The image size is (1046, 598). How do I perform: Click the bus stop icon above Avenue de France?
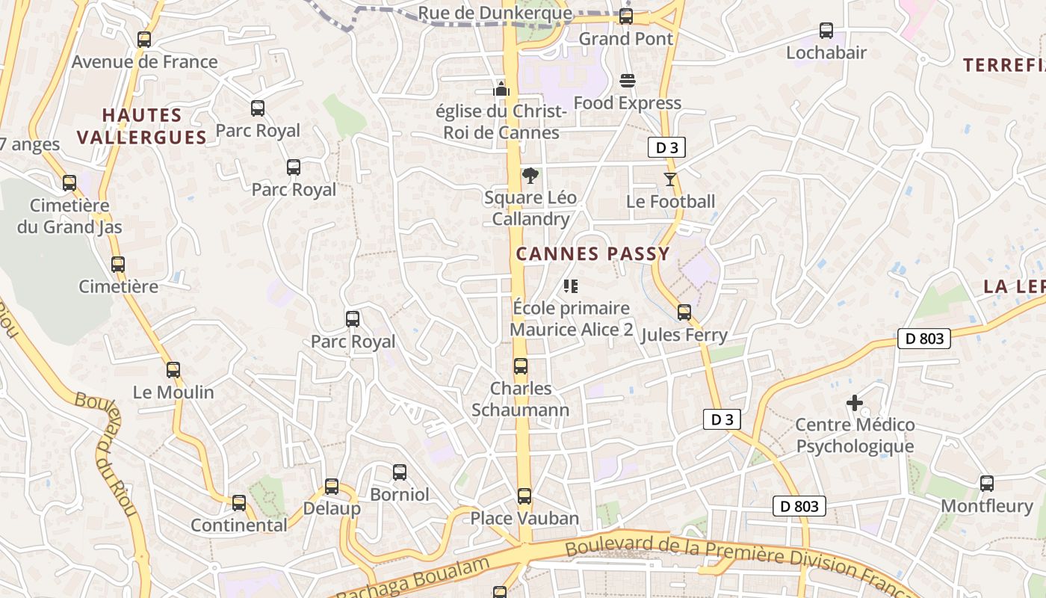tap(144, 40)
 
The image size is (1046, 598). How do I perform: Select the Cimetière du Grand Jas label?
tap(69, 216)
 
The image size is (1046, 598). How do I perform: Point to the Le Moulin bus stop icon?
tap(173, 369)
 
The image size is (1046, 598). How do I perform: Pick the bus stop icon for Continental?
tap(239, 502)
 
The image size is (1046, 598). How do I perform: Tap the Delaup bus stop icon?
tap(332, 486)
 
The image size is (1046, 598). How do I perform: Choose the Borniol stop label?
tap(400, 495)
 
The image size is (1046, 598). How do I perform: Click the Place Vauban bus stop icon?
tap(524, 496)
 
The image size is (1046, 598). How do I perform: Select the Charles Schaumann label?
tap(521, 399)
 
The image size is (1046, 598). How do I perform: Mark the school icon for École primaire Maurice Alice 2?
tap(571, 286)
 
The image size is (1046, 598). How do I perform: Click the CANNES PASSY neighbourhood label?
tap(592, 254)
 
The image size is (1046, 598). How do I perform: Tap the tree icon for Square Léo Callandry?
tap(530, 176)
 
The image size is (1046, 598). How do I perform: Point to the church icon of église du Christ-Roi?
tap(501, 89)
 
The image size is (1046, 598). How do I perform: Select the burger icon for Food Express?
tap(628, 81)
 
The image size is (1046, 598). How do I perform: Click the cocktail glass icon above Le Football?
tap(669, 179)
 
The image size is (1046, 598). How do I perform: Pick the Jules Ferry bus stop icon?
tap(684, 312)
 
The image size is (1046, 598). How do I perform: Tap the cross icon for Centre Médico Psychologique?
tap(855, 403)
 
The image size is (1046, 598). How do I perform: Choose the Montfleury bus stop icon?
tap(987, 484)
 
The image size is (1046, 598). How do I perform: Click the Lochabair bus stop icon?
tap(826, 31)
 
